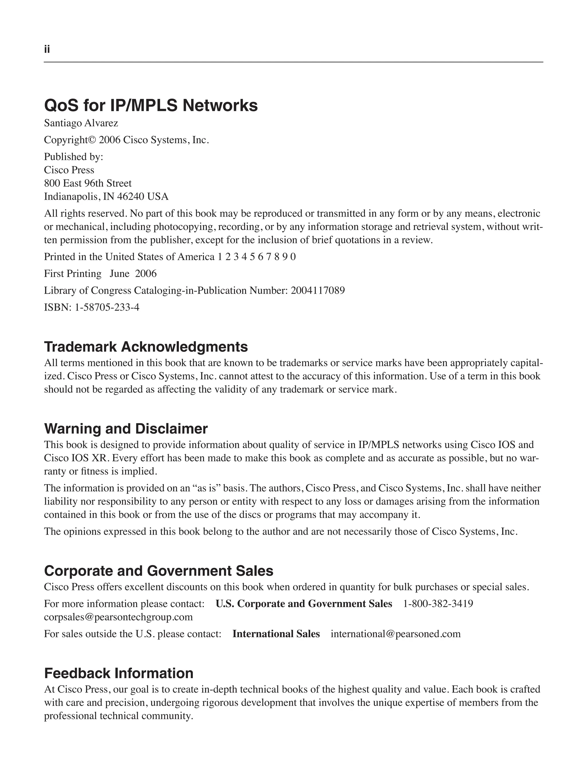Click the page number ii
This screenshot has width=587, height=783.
click(x=47, y=49)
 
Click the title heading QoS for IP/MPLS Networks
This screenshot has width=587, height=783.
click(x=151, y=105)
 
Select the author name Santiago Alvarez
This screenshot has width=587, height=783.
click(x=81, y=123)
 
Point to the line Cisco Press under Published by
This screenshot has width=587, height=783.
click(x=69, y=170)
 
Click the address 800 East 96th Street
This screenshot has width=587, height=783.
click(x=88, y=183)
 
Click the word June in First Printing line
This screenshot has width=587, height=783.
click(x=119, y=274)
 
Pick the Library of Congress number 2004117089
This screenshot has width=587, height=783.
click(x=318, y=291)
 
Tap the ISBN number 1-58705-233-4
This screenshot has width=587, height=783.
click(x=107, y=307)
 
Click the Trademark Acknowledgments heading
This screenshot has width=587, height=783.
click(x=146, y=347)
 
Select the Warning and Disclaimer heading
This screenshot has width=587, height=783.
click(x=126, y=429)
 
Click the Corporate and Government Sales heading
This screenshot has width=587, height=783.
click(x=159, y=571)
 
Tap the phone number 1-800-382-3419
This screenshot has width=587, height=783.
click(x=438, y=604)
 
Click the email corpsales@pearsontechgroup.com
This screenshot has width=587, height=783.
click(x=118, y=617)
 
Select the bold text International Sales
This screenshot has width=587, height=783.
click(x=276, y=634)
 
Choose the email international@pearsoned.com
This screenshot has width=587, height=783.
click(x=396, y=634)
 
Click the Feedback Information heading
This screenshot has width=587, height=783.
click(x=119, y=673)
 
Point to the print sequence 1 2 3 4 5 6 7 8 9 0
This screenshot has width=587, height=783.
click(x=256, y=257)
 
